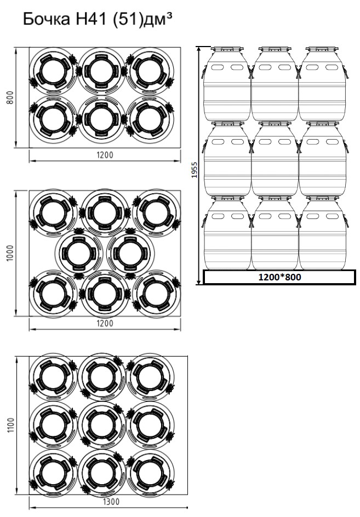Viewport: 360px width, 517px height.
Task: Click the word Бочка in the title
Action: [46, 20]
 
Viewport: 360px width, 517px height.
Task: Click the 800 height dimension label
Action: [10, 97]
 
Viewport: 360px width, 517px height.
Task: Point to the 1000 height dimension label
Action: [10, 253]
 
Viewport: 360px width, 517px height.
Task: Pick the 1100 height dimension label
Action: [10, 426]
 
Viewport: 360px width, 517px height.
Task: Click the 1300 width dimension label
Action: [111, 502]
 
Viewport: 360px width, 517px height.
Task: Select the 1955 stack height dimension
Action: [195, 170]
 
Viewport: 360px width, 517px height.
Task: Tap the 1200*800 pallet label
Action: [279, 277]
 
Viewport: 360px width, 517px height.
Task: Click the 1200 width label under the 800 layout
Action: [105, 154]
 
